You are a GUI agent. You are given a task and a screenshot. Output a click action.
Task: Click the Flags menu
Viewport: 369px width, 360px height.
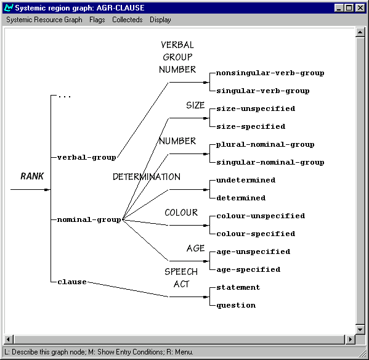click(x=97, y=20)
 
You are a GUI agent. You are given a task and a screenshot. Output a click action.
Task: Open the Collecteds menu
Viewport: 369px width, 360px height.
click(x=128, y=20)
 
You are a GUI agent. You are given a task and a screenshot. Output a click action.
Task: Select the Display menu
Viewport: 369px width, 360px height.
click(x=160, y=20)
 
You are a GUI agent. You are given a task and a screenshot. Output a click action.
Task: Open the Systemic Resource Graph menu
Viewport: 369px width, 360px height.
click(x=44, y=20)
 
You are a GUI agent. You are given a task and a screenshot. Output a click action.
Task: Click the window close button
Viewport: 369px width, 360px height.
click(x=360, y=8)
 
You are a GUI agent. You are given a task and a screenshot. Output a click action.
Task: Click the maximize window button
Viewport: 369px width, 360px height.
click(x=349, y=8)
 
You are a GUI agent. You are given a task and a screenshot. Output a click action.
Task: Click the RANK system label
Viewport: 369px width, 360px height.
click(x=32, y=176)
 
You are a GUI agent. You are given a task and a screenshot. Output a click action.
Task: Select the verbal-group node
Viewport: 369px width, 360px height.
click(x=87, y=157)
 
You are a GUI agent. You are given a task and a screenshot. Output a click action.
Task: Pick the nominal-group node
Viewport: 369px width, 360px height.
click(x=89, y=219)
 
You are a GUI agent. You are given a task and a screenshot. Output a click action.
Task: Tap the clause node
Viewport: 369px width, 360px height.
click(x=72, y=282)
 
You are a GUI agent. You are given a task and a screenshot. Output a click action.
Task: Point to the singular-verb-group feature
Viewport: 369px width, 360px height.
click(x=263, y=91)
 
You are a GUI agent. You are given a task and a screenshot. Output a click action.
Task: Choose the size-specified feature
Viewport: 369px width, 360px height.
click(x=251, y=126)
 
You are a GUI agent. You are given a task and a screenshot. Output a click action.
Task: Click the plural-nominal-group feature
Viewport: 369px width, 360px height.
click(x=266, y=145)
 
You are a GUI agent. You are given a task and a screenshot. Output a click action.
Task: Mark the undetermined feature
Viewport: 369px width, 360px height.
click(x=246, y=180)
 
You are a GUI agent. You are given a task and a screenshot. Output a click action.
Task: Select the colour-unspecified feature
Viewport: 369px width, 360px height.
click(x=261, y=216)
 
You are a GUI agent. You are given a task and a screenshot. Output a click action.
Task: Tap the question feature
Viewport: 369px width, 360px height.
click(x=236, y=305)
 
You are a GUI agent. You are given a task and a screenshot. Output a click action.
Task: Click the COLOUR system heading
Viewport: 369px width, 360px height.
click(x=181, y=213)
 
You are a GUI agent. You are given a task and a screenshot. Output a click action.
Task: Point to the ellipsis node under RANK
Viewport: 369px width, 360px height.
click(x=64, y=96)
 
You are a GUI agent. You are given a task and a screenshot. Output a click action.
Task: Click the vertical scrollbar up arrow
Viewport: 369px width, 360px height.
click(x=360, y=33)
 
